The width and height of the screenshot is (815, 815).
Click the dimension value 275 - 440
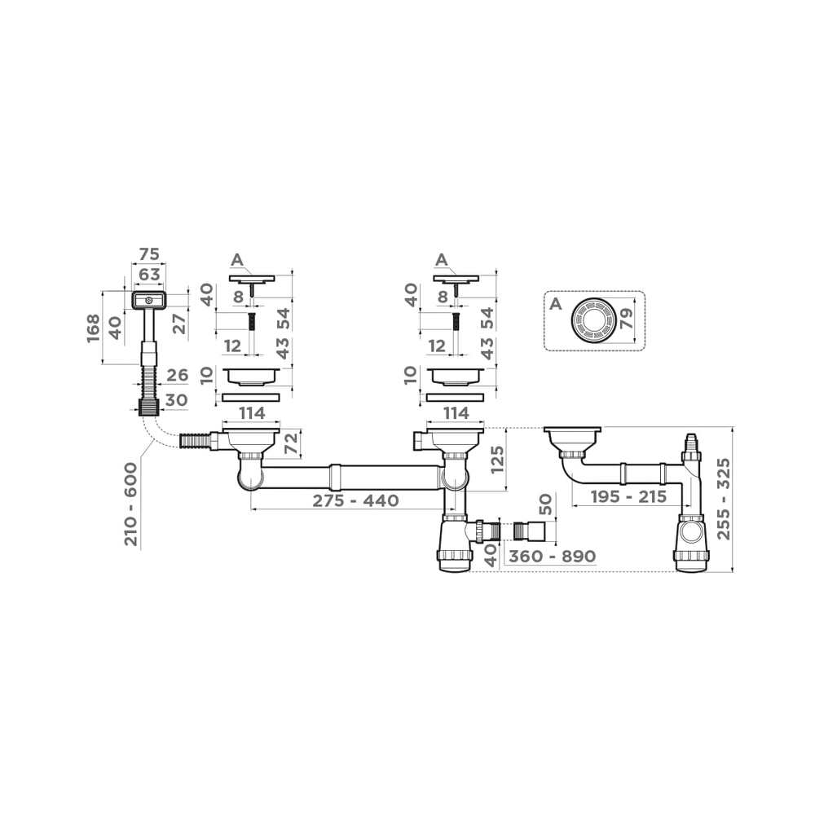pyautogui.click(x=355, y=500)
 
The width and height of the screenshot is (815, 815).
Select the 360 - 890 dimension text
pyautogui.click(x=552, y=556)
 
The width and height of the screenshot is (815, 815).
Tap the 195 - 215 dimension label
pyautogui.click(x=628, y=497)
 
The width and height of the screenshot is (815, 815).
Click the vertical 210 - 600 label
pyautogui.click(x=131, y=504)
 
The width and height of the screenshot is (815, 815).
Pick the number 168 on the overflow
pyautogui.click(x=94, y=328)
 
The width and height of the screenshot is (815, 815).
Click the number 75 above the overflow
pyautogui.click(x=149, y=254)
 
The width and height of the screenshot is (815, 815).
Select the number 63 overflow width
pyautogui.click(x=149, y=274)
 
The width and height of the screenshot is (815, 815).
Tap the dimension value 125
pyautogui.click(x=497, y=459)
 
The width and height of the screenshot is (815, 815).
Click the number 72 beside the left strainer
pyautogui.click(x=292, y=443)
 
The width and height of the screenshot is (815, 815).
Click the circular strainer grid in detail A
pyautogui.click(x=593, y=320)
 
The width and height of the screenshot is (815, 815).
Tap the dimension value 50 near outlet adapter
pyautogui.click(x=545, y=504)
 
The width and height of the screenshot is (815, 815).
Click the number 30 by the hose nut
pyautogui.click(x=177, y=400)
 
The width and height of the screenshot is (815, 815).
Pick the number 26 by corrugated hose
pyautogui.click(x=177, y=375)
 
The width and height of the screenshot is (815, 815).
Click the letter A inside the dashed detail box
pyautogui.click(x=556, y=303)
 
